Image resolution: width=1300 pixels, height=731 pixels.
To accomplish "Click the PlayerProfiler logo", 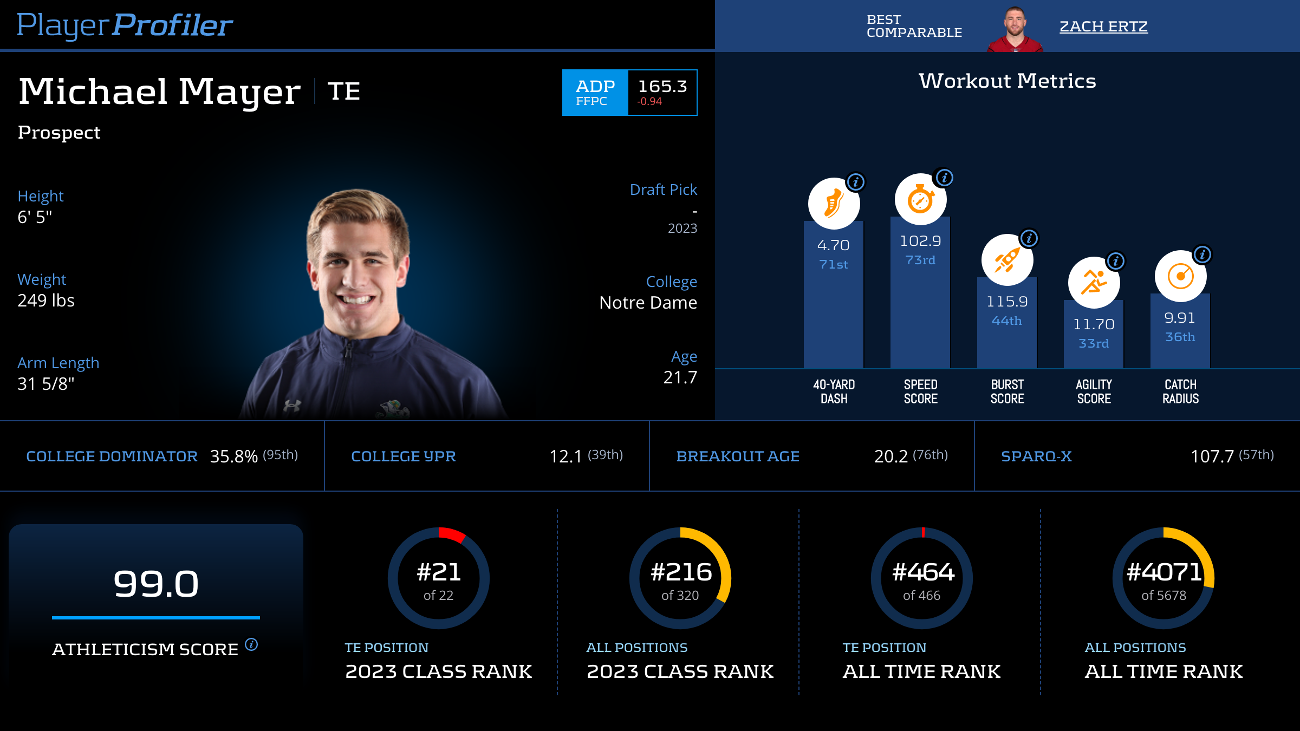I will (125, 25).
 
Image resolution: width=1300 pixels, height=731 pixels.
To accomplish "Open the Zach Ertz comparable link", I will (1103, 27).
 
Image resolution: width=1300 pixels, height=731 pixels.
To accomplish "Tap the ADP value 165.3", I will (662, 87).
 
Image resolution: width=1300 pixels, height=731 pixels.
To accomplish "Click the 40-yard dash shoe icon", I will (834, 204).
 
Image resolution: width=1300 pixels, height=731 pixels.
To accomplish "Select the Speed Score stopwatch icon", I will (920, 199).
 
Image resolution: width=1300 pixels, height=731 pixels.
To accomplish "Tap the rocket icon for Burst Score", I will (1007, 260).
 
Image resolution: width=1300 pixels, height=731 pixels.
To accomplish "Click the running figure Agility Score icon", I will (1094, 283).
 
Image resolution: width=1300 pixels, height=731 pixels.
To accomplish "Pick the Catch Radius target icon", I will (1180, 276).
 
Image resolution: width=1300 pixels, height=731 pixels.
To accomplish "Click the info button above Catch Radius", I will (1202, 254).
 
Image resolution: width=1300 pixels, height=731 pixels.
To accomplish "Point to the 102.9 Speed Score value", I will (920, 241).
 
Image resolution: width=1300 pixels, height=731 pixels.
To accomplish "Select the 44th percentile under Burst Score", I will (1007, 321).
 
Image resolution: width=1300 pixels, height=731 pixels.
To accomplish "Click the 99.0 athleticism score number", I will (156, 584).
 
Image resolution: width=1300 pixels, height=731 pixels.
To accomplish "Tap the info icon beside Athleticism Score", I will (251, 644).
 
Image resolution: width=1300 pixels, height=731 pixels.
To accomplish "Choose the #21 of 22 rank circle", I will (439, 578).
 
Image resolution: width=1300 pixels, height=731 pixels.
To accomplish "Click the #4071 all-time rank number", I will (1163, 572).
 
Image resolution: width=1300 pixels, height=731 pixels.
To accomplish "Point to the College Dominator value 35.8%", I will (233, 456).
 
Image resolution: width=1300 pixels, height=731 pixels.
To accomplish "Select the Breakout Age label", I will (738, 456).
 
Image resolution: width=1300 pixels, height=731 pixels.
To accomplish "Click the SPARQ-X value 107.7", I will (1212, 456).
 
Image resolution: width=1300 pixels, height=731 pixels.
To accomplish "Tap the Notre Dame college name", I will (648, 303).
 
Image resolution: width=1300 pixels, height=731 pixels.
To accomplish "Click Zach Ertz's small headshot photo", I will (1015, 29).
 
